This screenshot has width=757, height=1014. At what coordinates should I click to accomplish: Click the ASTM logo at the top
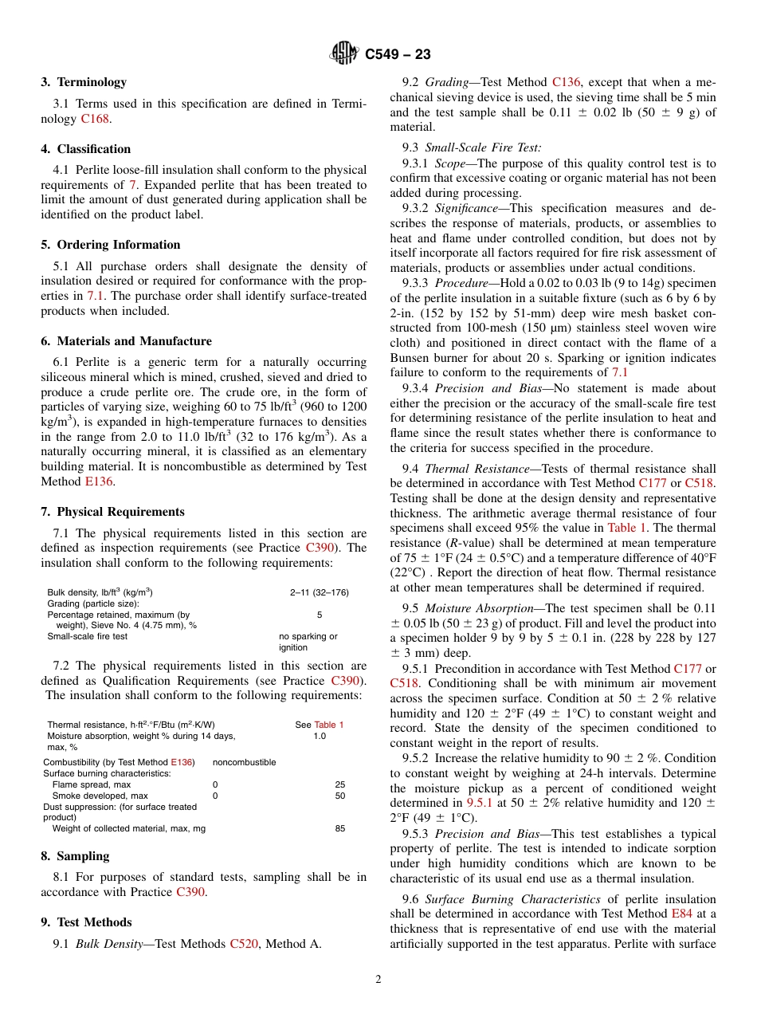(x=345, y=54)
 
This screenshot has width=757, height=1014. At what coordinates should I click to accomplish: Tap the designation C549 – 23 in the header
(x=398, y=54)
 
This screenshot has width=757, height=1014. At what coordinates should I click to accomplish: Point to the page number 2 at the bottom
(x=378, y=980)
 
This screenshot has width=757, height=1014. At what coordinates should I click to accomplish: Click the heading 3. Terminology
(x=84, y=82)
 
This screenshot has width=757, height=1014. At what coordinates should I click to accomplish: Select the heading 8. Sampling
(x=75, y=856)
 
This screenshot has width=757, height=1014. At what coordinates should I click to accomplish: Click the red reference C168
(x=96, y=119)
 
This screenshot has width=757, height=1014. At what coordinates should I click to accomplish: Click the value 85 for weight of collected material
(x=340, y=829)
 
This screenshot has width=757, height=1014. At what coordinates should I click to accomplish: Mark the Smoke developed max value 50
(x=340, y=796)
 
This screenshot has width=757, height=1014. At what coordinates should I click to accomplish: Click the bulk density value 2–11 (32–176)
(x=319, y=593)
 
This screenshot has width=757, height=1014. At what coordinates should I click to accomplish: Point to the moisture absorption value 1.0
(x=319, y=737)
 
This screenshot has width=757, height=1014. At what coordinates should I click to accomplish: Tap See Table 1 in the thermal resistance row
(x=319, y=725)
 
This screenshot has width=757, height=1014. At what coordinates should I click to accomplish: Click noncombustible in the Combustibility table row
(x=244, y=763)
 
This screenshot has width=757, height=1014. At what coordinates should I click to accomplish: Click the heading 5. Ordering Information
(x=111, y=245)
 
